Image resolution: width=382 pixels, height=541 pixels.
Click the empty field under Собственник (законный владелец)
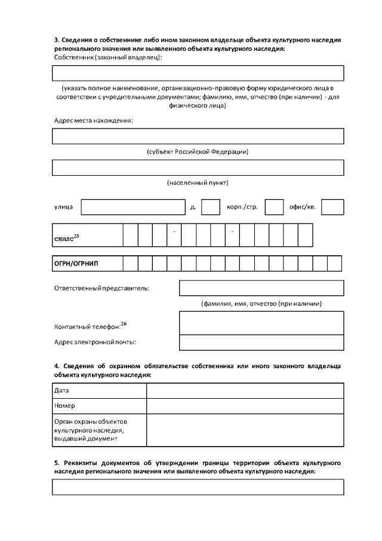[x=198, y=73]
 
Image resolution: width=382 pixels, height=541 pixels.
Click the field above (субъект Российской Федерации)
[x=198, y=136]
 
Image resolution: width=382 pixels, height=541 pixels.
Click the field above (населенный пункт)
[x=198, y=167]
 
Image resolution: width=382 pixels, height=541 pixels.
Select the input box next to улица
[x=133, y=207]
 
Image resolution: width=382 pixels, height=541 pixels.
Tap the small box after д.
[x=211, y=207]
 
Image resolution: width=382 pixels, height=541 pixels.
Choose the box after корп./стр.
[x=274, y=207]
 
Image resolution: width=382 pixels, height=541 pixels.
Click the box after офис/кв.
[x=332, y=207]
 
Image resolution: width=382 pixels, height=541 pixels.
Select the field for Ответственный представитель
[x=261, y=288]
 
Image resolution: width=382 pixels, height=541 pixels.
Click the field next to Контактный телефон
[x=261, y=323]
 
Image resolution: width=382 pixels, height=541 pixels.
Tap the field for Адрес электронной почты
[x=261, y=343]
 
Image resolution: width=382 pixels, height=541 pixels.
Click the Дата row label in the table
[x=99, y=390]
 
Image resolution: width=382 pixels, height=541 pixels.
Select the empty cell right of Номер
[x=245, y=406]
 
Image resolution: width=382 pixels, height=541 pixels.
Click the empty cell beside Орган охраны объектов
[x=245, y=430]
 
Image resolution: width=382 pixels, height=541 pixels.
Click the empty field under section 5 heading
[x=198, y=487]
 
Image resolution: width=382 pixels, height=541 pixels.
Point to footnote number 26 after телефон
[x=124, y=324]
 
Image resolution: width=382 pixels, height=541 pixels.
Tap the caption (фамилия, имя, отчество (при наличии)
[x=261, y=304]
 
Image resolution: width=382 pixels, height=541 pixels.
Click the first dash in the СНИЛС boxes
[x=174, y=231]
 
